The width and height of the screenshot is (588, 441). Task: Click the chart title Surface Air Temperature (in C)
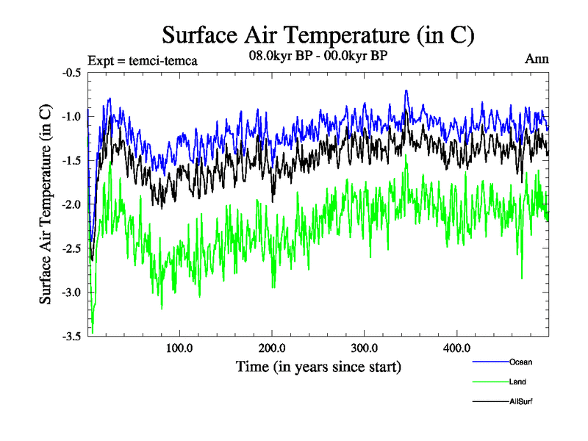[x=318, y=35]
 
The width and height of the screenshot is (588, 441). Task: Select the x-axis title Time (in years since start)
[x=318, y=366]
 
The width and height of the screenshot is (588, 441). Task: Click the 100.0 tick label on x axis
[x=179, y=348]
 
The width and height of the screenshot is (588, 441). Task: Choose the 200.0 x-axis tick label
[x=272, y=348]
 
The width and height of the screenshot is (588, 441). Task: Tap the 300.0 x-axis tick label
[x=365, y=348]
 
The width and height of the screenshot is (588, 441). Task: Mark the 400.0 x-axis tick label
[x=457, y=348]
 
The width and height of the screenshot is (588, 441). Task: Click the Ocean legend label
[x=520, y=362]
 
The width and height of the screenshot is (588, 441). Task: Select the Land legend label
[x=517, y=381]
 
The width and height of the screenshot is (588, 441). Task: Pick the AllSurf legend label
[x=520, y=401]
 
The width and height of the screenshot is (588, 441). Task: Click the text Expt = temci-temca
[x=142, y=60]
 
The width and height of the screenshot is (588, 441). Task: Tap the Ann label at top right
[x=537, y=60]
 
